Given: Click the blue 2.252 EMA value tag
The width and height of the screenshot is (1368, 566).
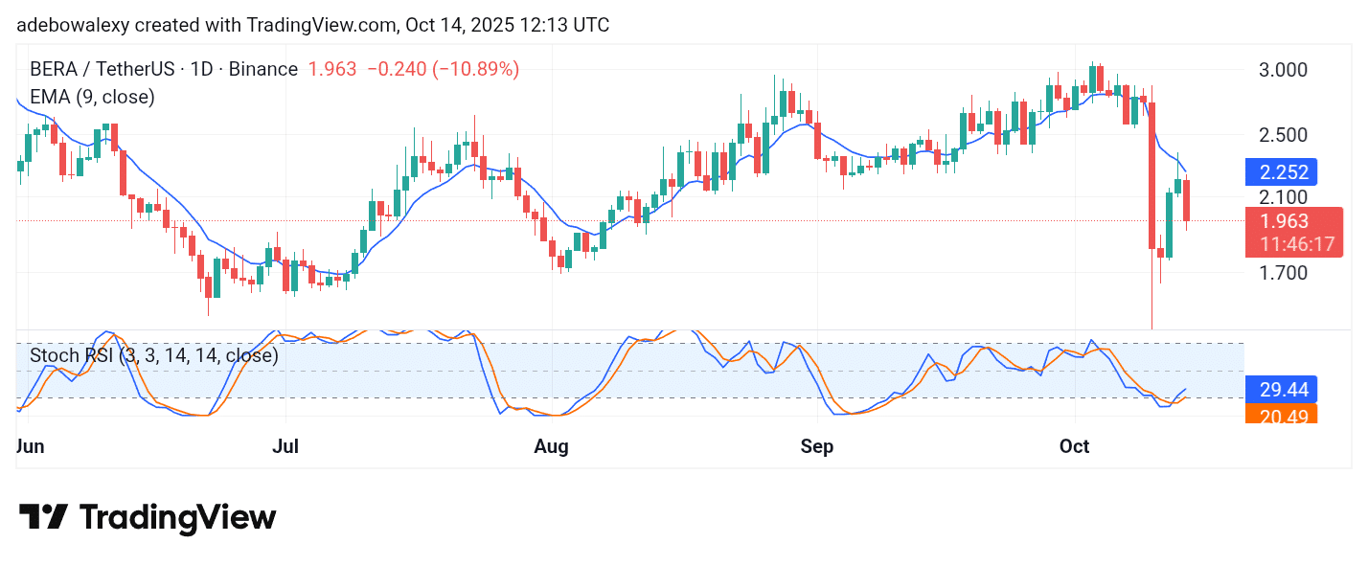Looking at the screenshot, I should (1283, 172).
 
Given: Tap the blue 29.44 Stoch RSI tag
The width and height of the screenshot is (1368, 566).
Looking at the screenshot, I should (1281, 389).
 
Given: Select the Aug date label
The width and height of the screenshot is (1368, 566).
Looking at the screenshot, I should (551, 446).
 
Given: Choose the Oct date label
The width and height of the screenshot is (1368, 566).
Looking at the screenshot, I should (1075, 446).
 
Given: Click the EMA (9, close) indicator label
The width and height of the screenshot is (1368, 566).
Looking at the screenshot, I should (92, 97).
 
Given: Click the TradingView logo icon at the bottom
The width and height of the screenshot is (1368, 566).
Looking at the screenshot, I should (43, 518).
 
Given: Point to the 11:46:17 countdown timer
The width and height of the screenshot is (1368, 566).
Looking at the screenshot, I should (1296, 244).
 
